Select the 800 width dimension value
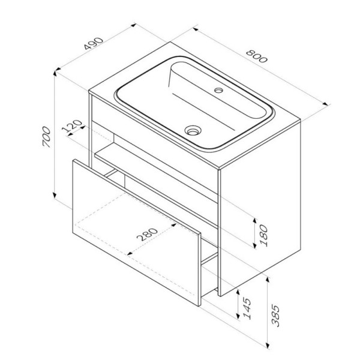[257, 58]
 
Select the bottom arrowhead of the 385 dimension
[266, 346]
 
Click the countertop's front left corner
[89, 94]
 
